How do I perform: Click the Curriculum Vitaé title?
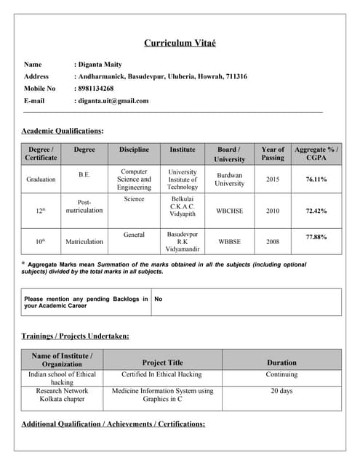coord(180,44)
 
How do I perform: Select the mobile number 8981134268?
coord(95,89)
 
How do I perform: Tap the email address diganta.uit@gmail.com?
coord(112,101)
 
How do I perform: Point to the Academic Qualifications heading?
coord(63,131)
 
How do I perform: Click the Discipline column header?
coord(134,150)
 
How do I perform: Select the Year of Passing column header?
coord(273,154)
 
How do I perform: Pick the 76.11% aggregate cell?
coord(316,179)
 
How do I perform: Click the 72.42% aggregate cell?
coord(316,211)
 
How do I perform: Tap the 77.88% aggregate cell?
coord(316,237)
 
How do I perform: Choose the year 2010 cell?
coord(273,211)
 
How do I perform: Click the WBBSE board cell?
coord(229,241)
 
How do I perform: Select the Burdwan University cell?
coord(229,179)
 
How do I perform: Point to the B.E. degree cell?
coord(84,175)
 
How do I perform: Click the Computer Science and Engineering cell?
coord(134,179)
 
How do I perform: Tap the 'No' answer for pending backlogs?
coord(159,299)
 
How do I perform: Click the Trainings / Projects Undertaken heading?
coord(76,336)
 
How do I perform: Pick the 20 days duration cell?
coord(281,391)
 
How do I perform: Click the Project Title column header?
coord(162,363)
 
